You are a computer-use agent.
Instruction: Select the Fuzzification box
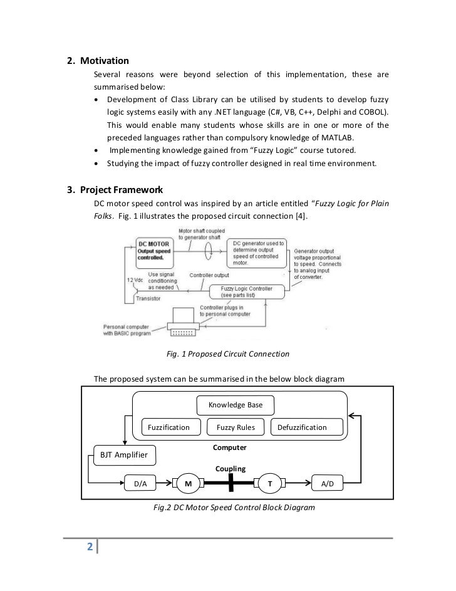[168, 427]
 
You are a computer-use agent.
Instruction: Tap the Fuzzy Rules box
[236, 427]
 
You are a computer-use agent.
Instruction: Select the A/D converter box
[327, 484]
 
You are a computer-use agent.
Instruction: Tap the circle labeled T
[270, 484]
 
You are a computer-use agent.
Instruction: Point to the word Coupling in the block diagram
[231, 469]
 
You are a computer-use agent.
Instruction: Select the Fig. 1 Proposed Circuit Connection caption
[228, 354]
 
